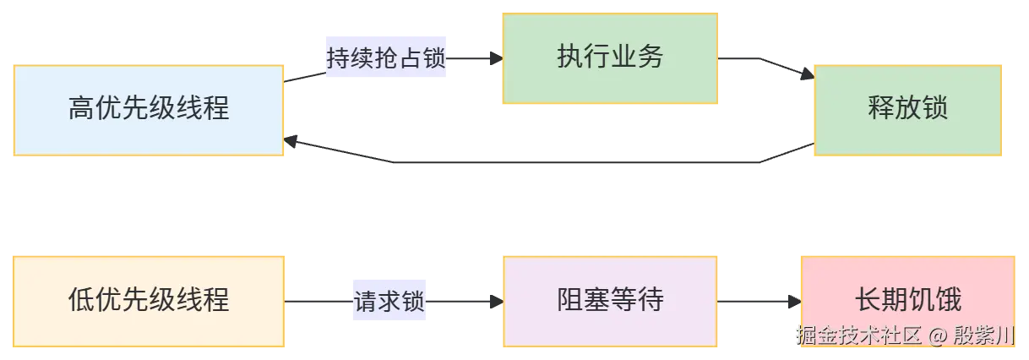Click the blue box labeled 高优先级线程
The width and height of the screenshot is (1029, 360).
coord(149,111)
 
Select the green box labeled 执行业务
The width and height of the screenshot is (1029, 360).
coord(610,58)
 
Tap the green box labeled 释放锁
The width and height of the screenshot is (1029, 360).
coord(907,111)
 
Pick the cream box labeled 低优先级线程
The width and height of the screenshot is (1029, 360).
coord(149,302)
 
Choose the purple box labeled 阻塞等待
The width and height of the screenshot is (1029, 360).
coord(610,302)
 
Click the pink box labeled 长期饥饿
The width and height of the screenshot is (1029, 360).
coord(907,302)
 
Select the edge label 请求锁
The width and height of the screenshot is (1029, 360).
coord(389,301)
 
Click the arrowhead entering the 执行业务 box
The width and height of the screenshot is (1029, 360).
coord(497,58)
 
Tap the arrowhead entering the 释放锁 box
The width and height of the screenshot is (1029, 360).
coord(808,74)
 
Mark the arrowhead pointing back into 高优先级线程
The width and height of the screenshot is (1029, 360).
coord(291,141)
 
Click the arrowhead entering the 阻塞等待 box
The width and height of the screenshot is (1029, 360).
coord(497,302)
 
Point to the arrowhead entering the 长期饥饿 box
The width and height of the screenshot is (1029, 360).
coord(795,302)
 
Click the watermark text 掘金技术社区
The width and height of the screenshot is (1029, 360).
coord(859,335)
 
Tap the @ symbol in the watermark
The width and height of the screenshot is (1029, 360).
coord(937,336)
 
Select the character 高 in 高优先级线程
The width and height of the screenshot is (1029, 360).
coord(81,108)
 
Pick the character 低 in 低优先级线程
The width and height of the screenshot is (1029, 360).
coord(81,300)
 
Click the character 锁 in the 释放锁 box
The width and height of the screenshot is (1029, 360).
coord(935,108)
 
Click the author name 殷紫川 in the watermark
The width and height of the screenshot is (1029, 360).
coord(984,335)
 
